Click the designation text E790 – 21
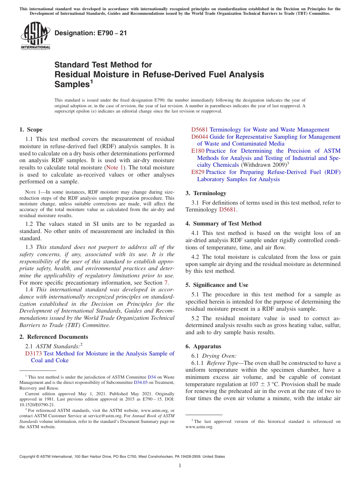(x=91, y=33)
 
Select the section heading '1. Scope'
(x=31, y=130)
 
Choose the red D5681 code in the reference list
(x=199, y=130)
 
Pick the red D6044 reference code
(x=199, y=137)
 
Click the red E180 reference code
(x=198, y=151)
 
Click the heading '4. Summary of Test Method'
(x=223, y=224)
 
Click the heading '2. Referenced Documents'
(x=53, y=337)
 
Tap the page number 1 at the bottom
(x=180, y=466)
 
